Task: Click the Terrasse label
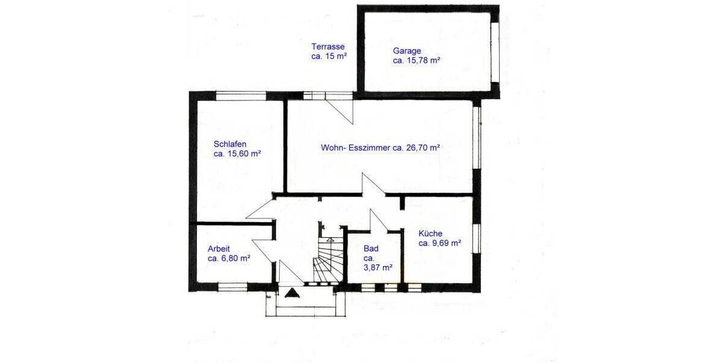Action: tap(327, 47)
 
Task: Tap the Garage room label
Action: tap(407, 51)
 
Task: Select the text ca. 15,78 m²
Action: tap(416, 60)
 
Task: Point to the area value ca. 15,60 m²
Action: tap(237, 154)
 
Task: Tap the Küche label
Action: tap(430, 234)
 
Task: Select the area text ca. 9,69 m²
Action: tap(440, 243)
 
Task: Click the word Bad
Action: tap(370, 248)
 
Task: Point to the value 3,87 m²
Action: tap(378, 267)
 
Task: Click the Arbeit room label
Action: tap(219, 248)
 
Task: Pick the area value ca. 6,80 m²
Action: tap(229, 258)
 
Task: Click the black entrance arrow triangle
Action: tap(292, 293)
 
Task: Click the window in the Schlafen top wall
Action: tap(242, 95)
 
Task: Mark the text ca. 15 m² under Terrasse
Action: tap(329, 56)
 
